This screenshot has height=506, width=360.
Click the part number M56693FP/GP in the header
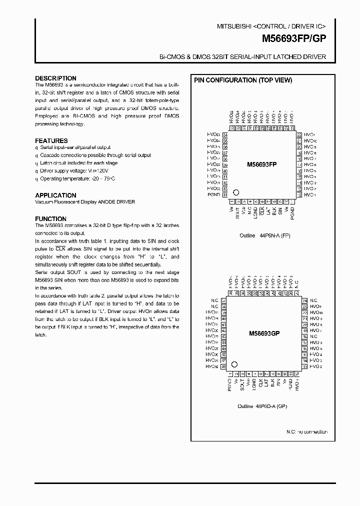click(294, 37)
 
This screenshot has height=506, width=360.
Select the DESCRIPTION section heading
click(55, 78)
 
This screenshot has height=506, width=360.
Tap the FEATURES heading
click(51, 141)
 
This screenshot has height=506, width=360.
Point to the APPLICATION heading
click(55, 195)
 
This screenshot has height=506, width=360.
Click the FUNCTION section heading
click(50, 219)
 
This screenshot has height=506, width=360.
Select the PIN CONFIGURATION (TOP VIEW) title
click(242, 80)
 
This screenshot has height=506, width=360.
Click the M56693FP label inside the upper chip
click(262, 164)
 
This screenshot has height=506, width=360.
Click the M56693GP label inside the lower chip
click(263, 333)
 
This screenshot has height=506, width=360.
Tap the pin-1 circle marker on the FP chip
click(236, 192)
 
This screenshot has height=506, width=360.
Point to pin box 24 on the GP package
click(304, 300)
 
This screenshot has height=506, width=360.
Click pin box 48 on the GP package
click(223, 366)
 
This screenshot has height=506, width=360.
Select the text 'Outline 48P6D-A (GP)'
click(262, 406)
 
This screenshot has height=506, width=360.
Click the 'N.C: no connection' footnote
click(306, 431)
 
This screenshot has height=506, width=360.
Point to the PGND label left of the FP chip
click(213, 194)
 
